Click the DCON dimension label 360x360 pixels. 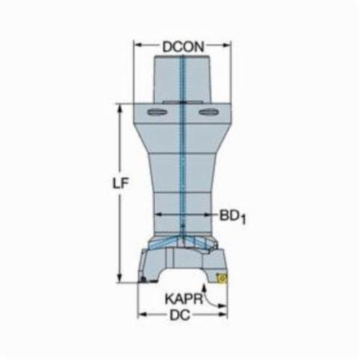pos(183,47)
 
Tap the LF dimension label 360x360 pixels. pos(121,184)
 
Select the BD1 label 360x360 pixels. pos(233,217)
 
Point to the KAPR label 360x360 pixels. pos(184,299)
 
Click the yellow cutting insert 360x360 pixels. pos(222,279)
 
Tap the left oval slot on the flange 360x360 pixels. pos(157,112)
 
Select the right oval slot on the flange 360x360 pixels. pos(209,112)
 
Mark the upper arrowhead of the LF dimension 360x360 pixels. pos(120,109)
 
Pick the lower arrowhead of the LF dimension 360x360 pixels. pos(120,279)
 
